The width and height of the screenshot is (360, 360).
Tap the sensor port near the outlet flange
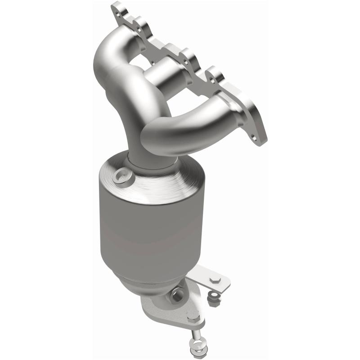pyautogui.click(x=178, y=297)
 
